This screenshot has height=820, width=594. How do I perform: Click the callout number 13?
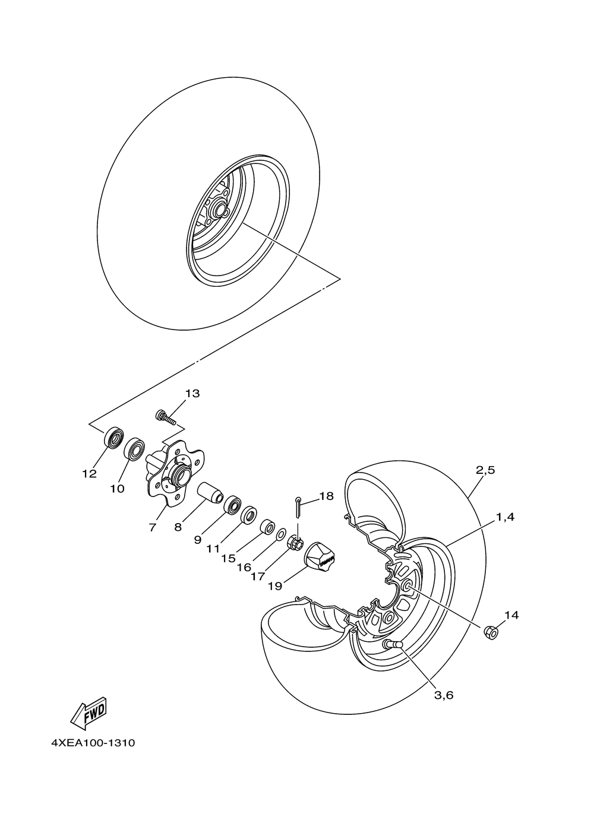coord(192,394)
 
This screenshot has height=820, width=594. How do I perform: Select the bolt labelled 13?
coord(166,417)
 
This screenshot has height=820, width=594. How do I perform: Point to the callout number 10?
coord(117,489)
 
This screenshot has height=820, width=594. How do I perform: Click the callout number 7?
coord(153,527)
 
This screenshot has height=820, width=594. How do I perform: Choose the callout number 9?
coord(198,539)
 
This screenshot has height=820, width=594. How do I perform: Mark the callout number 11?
coord(213,549)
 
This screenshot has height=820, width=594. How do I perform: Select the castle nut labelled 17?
coord(295,543)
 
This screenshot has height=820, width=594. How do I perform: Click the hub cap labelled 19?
coord(321,558)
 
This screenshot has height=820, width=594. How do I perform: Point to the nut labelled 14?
coord(491,632)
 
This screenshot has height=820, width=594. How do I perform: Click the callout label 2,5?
coord(485,470)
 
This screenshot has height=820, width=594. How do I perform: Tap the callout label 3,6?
coord(443,695)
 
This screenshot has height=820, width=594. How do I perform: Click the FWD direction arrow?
coord(88,712)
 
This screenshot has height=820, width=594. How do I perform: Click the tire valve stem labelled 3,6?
coord(393,645)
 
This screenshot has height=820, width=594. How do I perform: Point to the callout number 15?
coord(229,559)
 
